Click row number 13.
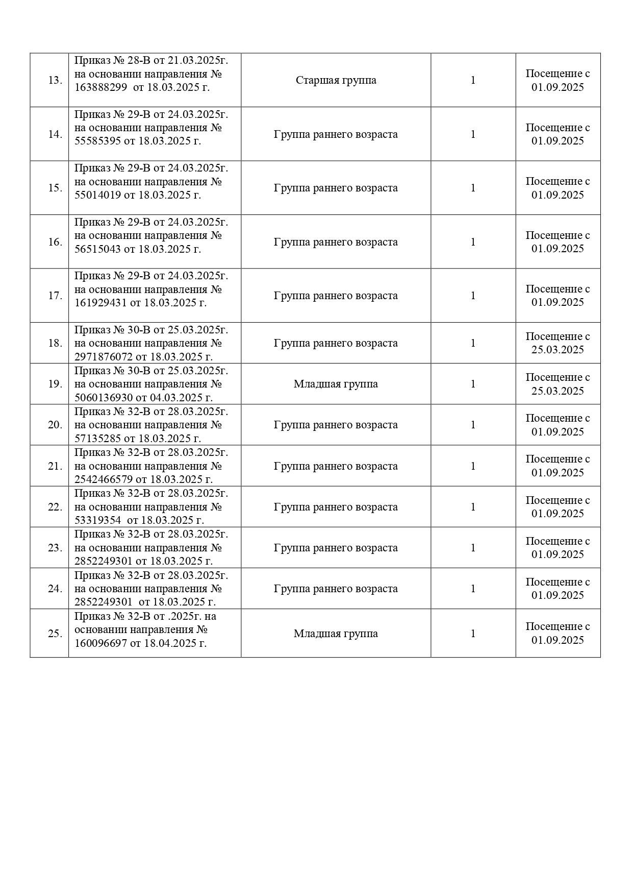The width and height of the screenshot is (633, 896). tap(55, 81)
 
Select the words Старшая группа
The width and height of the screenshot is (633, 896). tap(336, 80)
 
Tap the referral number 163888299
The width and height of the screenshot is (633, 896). tap(100, 87)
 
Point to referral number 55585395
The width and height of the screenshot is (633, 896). tap(97, 141)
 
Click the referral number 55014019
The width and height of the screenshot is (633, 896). tap(97, 195)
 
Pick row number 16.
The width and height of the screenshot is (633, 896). tap(55, 242)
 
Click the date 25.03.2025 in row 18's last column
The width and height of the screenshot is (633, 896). tap(558, 350)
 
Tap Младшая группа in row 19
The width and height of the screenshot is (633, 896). tap(336, 384)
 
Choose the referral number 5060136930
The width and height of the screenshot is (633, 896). tap(103, 398)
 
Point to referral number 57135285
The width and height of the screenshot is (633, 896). tap(97, 439)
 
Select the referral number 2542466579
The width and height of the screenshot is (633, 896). tap(103, 479)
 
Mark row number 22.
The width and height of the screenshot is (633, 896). tap(55, 507)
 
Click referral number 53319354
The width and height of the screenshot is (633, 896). tap(97, 520)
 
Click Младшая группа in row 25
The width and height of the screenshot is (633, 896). tap(336, 634)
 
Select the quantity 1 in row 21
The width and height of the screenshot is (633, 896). tap(473, 466)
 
